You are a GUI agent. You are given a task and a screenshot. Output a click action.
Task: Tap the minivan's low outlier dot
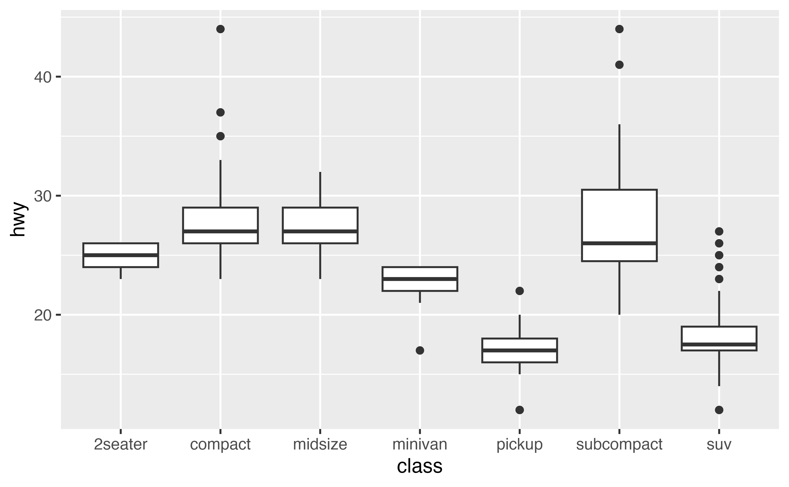coord(420,350)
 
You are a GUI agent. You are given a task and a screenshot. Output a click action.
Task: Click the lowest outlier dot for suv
coord(719,410)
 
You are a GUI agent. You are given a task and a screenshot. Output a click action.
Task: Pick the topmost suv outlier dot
coord(719,231)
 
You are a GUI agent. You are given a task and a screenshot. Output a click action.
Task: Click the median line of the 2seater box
coord(121,255)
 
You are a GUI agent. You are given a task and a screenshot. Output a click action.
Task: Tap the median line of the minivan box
coord(420,279)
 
